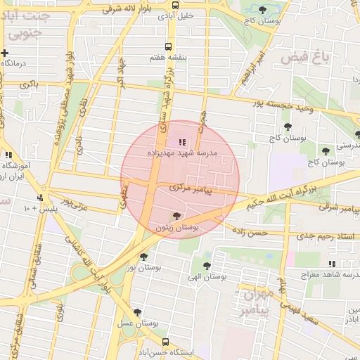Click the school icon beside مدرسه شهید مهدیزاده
click(x=183, y=143)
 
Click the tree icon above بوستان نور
click(x=144, y=257)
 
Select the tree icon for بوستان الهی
click(x=207, y=266)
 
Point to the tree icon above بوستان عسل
click(x=137, y=312)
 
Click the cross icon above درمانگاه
click(x=5, y=53)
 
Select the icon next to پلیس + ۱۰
click(x=41, y=198)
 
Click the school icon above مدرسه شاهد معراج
click(x=330, y=264)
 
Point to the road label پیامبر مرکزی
click(x=191, y=188)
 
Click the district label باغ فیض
click(x=305, y=57)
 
